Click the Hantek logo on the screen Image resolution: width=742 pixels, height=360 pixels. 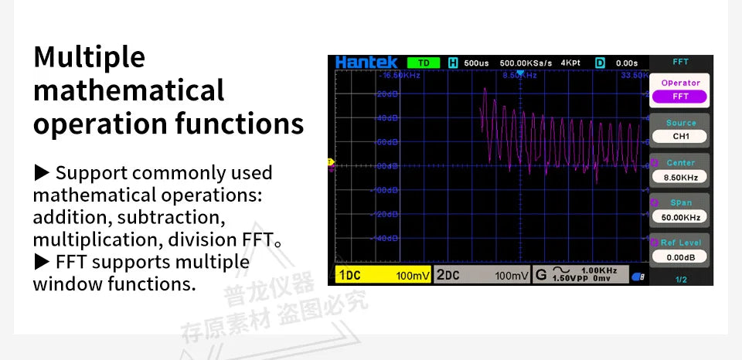[x=366, y=62]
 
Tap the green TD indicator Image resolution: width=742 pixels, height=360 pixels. [x=423, y=63]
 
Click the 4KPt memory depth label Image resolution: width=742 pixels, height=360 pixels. [x=570, y=63]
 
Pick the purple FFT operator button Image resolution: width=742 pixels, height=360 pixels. [x=680, y=97]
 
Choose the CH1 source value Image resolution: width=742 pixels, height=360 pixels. [x=680, y=137]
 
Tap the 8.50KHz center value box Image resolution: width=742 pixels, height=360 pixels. [x=680, y=177]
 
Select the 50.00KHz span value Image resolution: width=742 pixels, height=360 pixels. [x=680, y=217]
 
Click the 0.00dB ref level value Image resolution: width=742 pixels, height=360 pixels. [x=680, y=256]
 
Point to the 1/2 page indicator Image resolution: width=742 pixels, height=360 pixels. [x=680, y=279]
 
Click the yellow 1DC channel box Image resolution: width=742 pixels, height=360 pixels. [x=383, y=275]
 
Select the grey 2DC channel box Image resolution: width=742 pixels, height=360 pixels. [x=481, y=275]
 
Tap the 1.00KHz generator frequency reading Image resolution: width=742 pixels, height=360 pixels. [x=598, y=270]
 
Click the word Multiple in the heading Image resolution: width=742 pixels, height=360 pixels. [x=89, y=56]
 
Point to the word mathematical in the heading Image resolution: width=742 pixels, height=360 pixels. [x=128, y=90]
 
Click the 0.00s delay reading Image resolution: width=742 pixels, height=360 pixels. [x=626, y=63]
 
